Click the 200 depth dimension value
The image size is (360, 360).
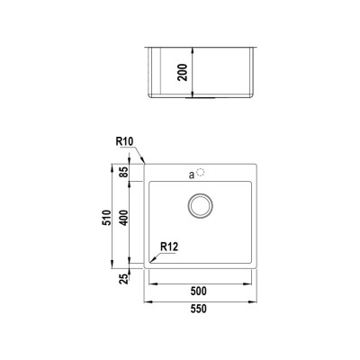pyautogui.click(x=182, y=72)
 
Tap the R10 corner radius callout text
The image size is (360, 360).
pyautogui.click(x=124, y=141)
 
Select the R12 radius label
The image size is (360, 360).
pyautogui.click(x=169, y=247)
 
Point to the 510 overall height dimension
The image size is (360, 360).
pyautogui.click(x=107, y=218)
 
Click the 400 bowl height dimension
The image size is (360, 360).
pyautogui.click(x=123, y=218)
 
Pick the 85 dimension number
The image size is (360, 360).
pyautogui.click(x=123, y=172)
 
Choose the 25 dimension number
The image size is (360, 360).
pyautogui.click(x=123, y=279)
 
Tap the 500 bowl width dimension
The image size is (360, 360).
pyautogui.click(x=199, y=291)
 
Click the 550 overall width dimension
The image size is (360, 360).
pyautogui.click(x=199, y=309)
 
